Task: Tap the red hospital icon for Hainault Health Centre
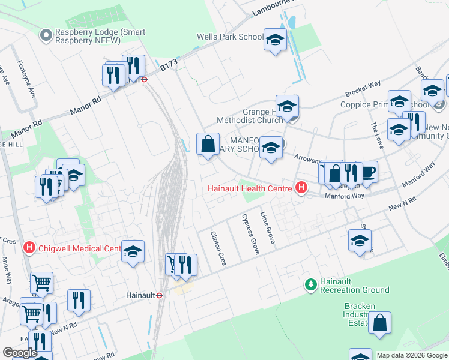[301, 188]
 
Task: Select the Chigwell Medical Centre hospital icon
[28, 247]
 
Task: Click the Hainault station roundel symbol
[160, 295]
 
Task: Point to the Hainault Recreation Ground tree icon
[310, 284]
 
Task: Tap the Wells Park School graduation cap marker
[275, 40]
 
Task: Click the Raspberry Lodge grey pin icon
[46, 36]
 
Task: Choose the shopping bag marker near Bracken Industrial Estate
[379, 323]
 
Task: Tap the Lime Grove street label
[267, 227]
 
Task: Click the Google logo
[20, 353]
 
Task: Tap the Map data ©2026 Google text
[411, 355]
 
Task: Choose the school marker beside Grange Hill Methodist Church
[287, 106]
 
